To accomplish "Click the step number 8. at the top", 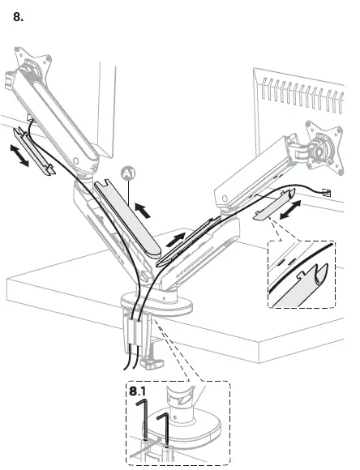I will pyautogui.click(x=19, y=17).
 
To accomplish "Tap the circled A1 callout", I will pyautogui.click(x=126, y=173).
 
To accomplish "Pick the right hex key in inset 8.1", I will pyautogui.click(x=164, y=429).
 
